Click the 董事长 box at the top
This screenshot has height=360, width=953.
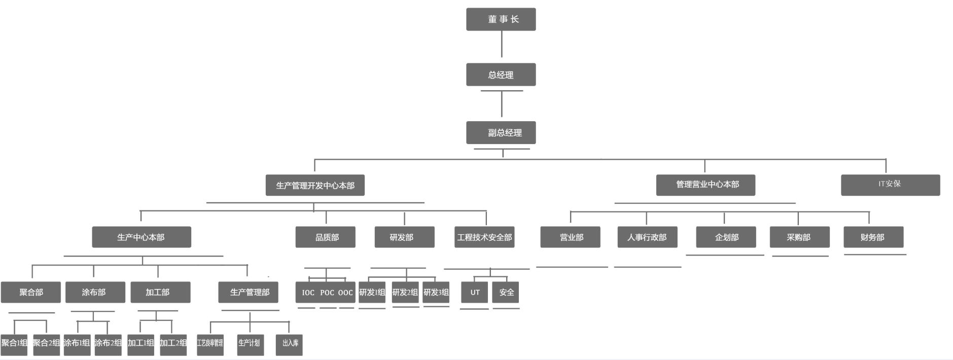(x=501, y=19)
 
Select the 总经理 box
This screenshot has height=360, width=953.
(x=501, y=75)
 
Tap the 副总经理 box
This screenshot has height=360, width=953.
(x=501, y=132)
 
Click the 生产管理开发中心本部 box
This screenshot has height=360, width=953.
(x=315, y=185)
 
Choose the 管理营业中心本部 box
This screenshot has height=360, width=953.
(x=705, y=185)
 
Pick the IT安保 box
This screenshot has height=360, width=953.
(x=890, y=185)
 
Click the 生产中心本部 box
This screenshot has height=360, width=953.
(x=141, y=237)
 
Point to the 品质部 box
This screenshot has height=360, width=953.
(x=325, y=237)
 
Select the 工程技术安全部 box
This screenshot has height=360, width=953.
(x=485, y=237)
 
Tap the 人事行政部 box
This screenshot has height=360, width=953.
(x=647, y=237)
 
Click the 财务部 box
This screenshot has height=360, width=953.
(x=873, y=237)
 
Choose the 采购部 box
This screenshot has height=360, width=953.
(x=799, y=237)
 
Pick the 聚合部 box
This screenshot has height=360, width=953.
(x=30, y=292)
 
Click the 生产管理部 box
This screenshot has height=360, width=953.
(x=248, y=292)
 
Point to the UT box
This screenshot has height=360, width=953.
(x=475, y=292)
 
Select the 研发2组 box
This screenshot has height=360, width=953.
(x=405, y=292)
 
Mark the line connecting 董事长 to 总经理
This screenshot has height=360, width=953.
(x=502, y=44)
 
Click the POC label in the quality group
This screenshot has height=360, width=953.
(x=327, y=293)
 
